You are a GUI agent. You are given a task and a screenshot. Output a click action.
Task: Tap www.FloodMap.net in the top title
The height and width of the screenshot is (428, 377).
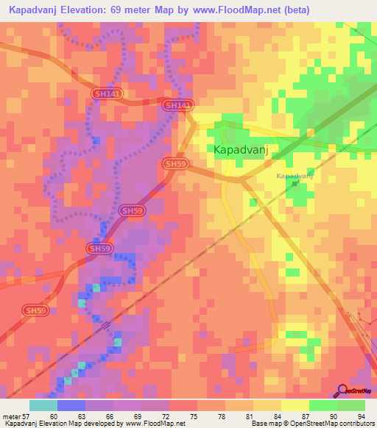239,10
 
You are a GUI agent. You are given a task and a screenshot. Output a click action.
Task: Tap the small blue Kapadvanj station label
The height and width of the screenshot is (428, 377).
295,176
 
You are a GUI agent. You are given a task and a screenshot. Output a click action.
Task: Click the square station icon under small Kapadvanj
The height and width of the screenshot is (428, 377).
295,185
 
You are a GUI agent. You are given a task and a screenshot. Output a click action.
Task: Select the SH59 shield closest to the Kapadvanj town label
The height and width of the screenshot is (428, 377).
175,164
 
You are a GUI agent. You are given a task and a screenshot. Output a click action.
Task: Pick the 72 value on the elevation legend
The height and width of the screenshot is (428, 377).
173,416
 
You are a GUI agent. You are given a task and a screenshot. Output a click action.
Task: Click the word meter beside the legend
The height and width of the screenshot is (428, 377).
12,416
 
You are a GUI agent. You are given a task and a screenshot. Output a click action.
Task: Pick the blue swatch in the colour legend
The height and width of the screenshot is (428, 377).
71,405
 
